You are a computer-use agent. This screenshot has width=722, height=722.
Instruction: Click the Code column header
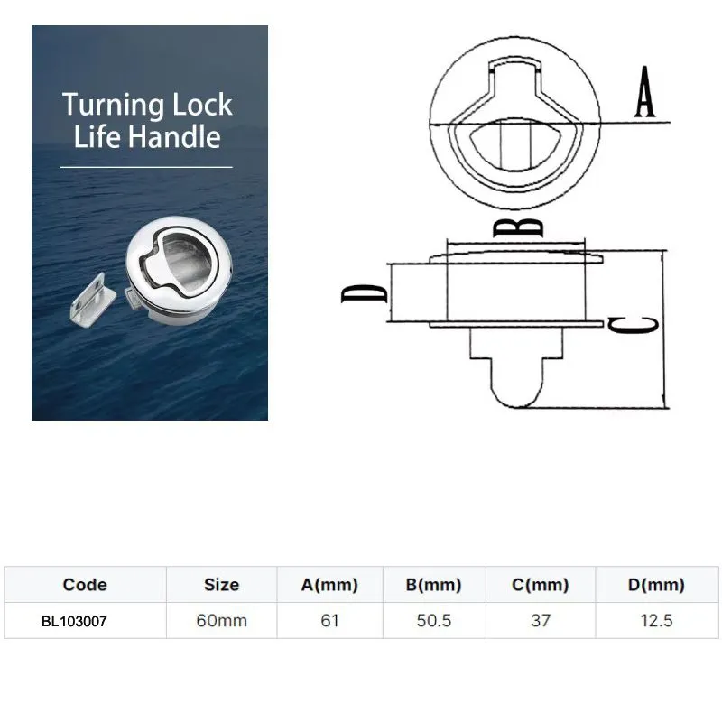click(85, 585)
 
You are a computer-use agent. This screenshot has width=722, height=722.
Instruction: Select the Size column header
click(221, 585)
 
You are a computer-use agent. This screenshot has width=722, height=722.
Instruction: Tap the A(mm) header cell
click(329, 585)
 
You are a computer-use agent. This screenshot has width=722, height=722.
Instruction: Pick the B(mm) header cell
click(434, 585)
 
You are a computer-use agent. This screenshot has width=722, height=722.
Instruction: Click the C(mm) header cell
click(540, 585)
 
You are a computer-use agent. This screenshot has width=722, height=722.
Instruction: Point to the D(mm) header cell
click(656, 585)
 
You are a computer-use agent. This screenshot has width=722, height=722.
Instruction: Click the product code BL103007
click(74, 621)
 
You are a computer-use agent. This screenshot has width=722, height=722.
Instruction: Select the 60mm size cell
click(221, 621)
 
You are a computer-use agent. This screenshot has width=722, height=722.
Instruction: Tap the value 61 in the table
click(329, 621)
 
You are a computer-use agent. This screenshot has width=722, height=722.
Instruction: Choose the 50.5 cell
click(434, 621)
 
